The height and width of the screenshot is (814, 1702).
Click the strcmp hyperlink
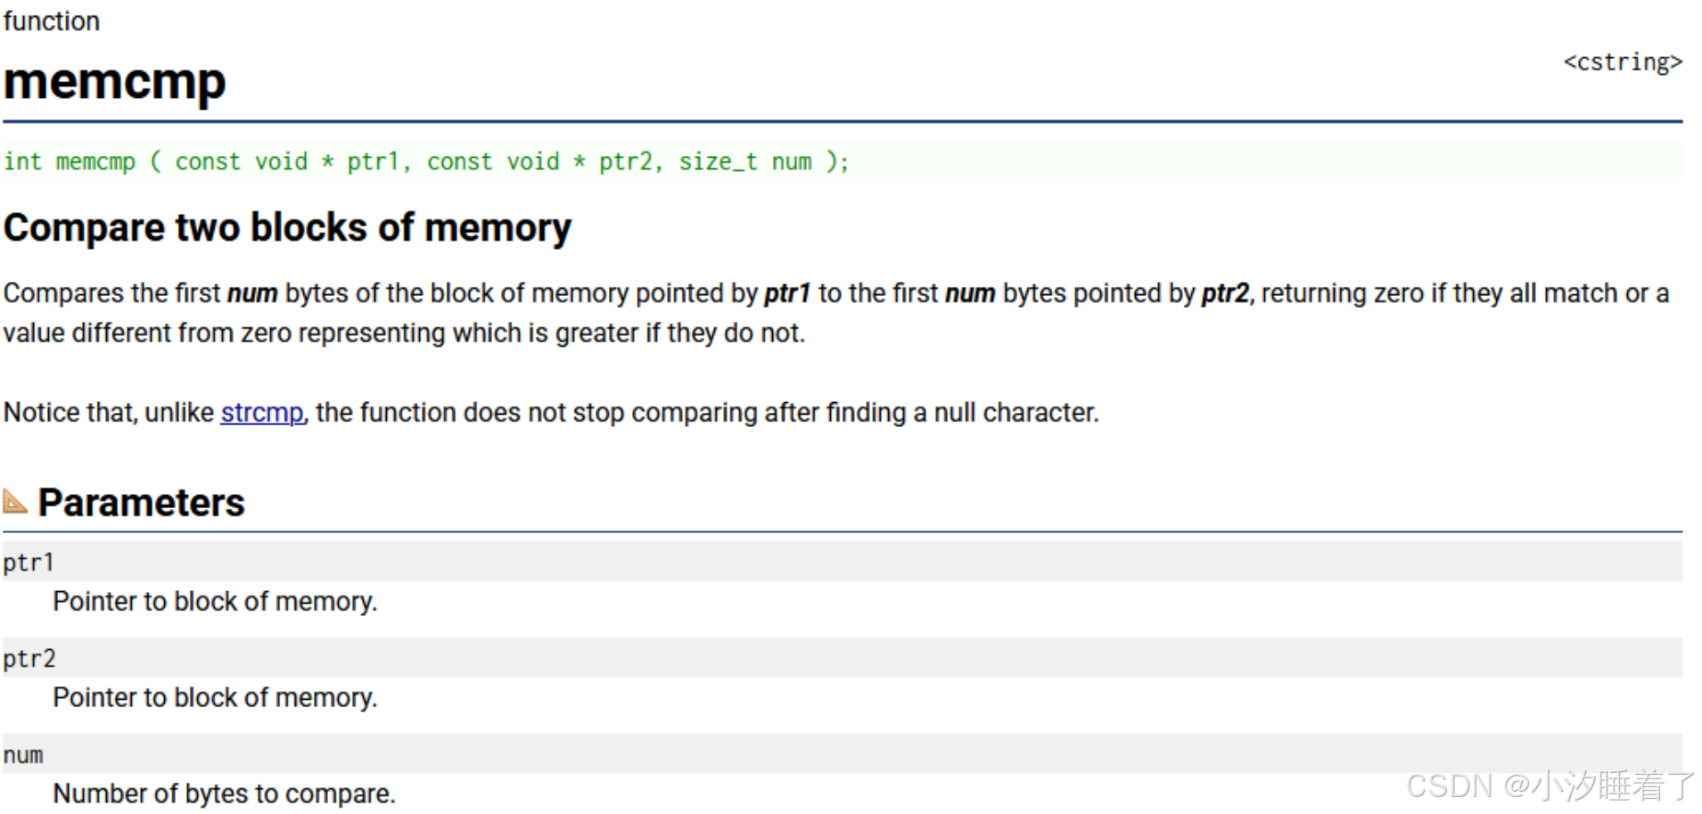pos(261,413)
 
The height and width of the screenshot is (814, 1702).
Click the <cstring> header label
pos(1622,62)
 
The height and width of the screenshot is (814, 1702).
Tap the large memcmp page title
pos(114,82)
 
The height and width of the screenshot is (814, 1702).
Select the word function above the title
pos(52,21)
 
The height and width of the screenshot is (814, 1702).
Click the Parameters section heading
pos(141,503)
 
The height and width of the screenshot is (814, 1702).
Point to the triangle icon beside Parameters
pos(15,501)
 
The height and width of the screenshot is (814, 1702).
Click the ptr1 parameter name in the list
pos(29,563)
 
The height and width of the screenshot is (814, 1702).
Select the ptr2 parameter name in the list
pos(29,659)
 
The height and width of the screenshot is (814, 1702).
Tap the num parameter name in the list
pos(23,755)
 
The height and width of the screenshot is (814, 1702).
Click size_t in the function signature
pos(718,161)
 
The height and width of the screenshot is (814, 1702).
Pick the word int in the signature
pos(22,161)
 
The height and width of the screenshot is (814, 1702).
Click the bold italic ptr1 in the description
pos(787,293)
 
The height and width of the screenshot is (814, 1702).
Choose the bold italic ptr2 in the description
pos(1225,293)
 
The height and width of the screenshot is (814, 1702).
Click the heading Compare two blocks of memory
pos(287,228)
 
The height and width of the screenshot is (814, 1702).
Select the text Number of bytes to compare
pos(224,793)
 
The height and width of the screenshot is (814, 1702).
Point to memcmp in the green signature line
pos(95,161)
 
